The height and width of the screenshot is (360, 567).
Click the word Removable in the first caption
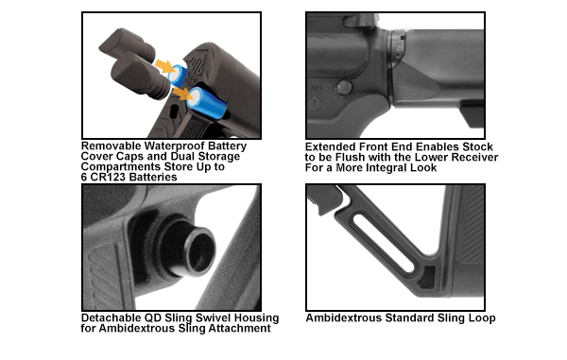(x=112, y=146)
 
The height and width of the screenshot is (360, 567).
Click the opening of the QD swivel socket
(x=197, y=248)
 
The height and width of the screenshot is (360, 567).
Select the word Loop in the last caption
(x=477, y=318)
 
